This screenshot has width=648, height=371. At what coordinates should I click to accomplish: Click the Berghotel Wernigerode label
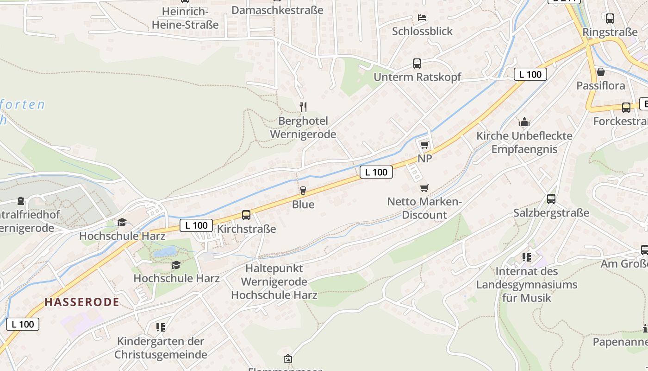303,128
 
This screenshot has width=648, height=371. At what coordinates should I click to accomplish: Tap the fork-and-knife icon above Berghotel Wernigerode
303,107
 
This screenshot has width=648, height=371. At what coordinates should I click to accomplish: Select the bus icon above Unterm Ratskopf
417,64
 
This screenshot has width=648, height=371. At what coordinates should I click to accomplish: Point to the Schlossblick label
422,31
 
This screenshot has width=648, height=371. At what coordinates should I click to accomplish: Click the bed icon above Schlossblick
422,18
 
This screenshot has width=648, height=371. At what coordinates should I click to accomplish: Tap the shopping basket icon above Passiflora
601,72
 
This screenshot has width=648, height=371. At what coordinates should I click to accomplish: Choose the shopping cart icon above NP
425,145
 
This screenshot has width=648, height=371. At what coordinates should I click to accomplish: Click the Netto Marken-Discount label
424,208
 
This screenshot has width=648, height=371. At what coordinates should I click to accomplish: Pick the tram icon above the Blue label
303,190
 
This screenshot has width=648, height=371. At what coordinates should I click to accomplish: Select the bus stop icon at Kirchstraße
246,215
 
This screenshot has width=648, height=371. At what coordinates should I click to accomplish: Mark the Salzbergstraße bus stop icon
551,199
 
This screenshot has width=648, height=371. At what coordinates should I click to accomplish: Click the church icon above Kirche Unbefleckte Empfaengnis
524,122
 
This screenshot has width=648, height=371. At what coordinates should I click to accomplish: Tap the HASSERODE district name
82,302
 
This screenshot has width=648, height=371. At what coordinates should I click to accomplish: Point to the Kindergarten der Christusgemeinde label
161,348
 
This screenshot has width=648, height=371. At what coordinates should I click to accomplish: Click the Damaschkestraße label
277,10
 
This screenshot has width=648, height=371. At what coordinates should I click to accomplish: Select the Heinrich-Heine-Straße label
185,18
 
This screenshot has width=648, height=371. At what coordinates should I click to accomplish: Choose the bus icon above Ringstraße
610,19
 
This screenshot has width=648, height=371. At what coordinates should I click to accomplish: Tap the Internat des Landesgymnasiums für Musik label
527,284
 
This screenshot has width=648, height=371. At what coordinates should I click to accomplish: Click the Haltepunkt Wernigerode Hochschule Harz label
274,281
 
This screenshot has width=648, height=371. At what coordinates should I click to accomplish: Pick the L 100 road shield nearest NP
376,172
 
